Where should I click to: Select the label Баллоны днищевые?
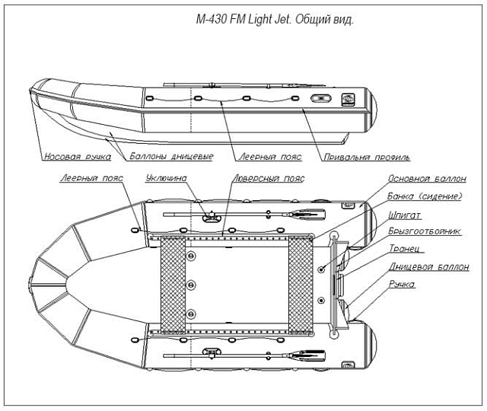point(170,157)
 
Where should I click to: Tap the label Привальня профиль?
point(367,158)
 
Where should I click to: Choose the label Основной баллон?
point(427,181)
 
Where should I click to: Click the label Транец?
point(406,249)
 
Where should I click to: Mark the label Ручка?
point(401,284)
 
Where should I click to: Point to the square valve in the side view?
point(348,99)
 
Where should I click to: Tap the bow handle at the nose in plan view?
point(30,285)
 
